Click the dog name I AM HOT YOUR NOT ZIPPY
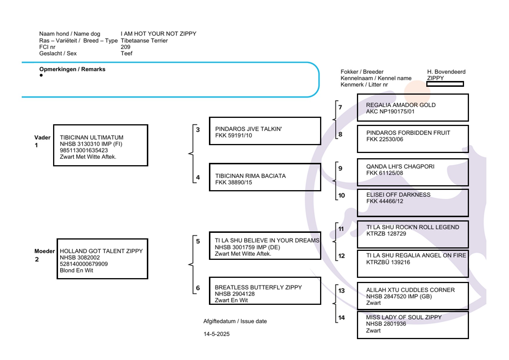pyautogui.click(x=158, y=34)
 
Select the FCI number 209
pyautogui.click(x=125, y=47)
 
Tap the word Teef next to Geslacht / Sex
pyautogui.click(x=127, y=53)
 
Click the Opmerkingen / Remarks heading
pyautogui.click(x=72, y=69)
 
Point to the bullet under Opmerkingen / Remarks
pyautogui.click(x=41, y=75)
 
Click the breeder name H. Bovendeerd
pyautogui.click(x=446, y=72)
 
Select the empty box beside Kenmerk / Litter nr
pyautogui.click(x=445, y=84)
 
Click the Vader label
pyautogui.click(x=42, y=138)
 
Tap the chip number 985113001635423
pyautogui.click(x=84, y=150)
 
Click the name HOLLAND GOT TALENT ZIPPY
pyautogui.click(x=101, y=251)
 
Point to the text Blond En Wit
pyautogui.click(x=76, y=270)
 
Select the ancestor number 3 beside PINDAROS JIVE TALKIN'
pyautogui.click(x=198, y=130)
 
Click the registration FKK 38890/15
pyautogui.click(x=233, y=182)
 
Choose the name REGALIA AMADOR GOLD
pyautogui.click(x=400, y=105)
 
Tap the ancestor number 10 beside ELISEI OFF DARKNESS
pyautogui.click(x=342, y=196)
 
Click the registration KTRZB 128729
pyautogui.click(x=386, y=234)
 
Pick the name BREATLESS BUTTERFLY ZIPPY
pyautogui.click(x=258, y=287)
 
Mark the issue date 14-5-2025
pyautogui.click(x=216, y=334)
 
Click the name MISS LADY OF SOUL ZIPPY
pyautogui.click(x=404, y=317)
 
